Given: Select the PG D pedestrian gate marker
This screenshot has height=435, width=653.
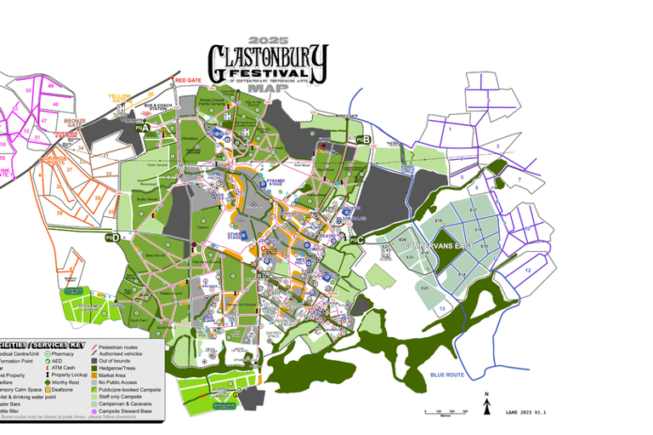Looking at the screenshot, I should pos(112,238).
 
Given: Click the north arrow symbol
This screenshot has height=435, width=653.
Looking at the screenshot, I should pos(486,405).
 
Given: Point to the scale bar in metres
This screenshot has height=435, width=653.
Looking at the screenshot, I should pos(446,412).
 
